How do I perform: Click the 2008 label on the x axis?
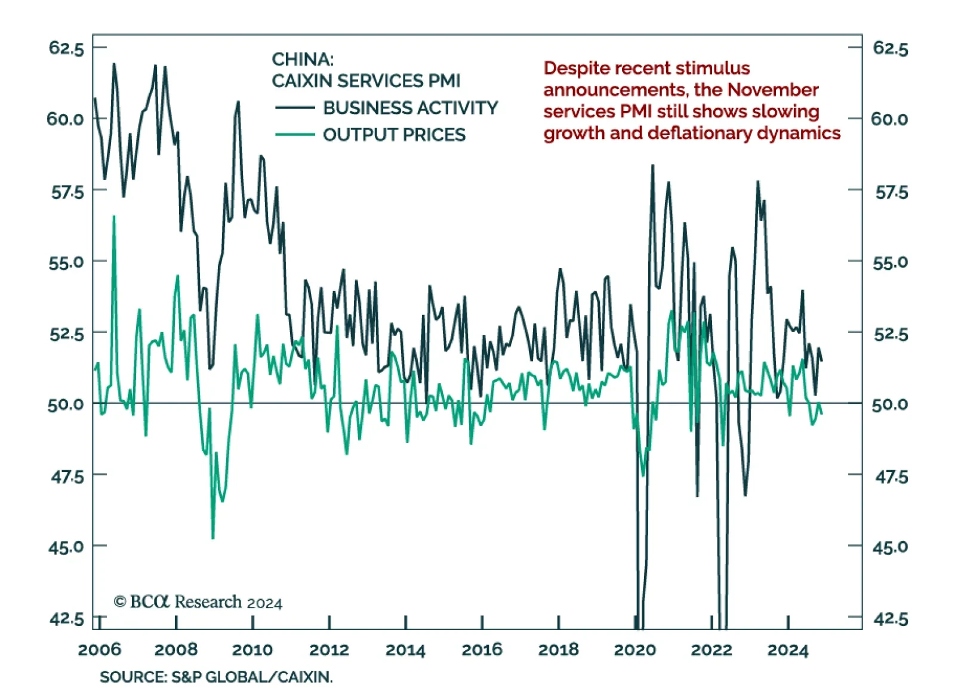(x=175, y=649)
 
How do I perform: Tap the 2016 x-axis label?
(x=482, y=649)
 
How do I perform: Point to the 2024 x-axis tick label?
(x=788, y=649)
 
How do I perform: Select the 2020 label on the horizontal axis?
(x=634, y=649)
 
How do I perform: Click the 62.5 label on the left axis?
(x=66, y=48)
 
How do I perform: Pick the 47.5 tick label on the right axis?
(x=891, y=477)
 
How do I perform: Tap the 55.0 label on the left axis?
(x=66, y=262)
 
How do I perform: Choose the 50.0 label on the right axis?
(x=889, y=405)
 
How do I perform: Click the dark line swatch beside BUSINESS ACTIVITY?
(x=295, y=108)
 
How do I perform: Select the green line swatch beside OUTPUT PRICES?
(x=295, y=135)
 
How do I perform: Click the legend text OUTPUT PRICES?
(x=394, y=135)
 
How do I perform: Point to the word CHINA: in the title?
(x=303, y=60)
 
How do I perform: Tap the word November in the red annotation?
(x=773, y=90)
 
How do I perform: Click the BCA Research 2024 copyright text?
(x=198, y=602)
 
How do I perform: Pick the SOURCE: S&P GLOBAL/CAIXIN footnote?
(x=216, y=677)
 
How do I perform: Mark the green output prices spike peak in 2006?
(x=114, y=217)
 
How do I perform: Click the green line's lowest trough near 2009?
(x=213, y=538)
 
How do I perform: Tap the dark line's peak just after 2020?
(x=652, y=165)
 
